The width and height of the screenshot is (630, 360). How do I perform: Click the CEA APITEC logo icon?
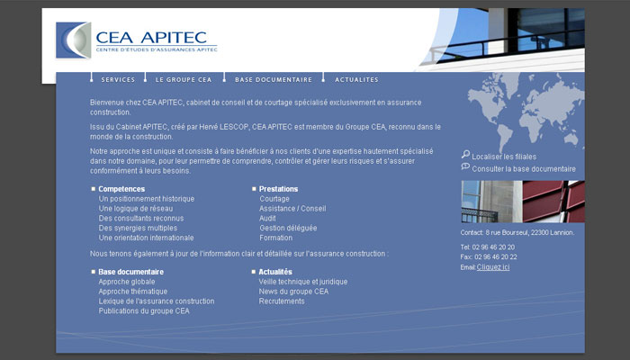click(x=74, y=40)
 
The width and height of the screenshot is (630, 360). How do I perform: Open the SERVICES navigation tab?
click(x=118, y=79)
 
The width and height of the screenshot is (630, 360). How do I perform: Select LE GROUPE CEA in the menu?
click(x=184, y=79)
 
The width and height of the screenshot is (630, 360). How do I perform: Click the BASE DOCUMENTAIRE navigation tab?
click(x=274, y=79)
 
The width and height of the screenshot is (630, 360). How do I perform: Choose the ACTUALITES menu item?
click(x=356, y=79)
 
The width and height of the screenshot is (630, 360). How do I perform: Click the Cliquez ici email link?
click(x=493, y=267)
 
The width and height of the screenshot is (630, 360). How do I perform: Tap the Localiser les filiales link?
click(x=504, y=157)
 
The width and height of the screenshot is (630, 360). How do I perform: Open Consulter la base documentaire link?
click(x=524, y=169)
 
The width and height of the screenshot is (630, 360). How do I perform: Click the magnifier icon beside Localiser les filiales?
click(x=465, y=154)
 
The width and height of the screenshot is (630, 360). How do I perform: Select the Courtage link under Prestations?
click(x=274, y=199)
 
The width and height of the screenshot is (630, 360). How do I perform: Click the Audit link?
click(x=267, y=218)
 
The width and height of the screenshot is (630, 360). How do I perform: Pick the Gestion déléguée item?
click(x=288, y=228)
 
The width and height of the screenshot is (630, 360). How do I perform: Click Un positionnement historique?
click(x=147, y=199)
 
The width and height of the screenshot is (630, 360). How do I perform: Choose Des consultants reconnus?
click(x=141, y=218)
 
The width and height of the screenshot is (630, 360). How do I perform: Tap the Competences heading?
click(x=121, y=189)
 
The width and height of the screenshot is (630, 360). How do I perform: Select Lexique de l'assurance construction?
click(x=157, y=301)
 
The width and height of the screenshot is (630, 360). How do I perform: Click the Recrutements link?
click(x=282, y=301)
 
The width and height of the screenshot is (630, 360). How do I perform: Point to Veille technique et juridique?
click(x=303, y=282)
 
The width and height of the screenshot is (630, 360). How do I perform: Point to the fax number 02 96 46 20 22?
click(x=496, y=256)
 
